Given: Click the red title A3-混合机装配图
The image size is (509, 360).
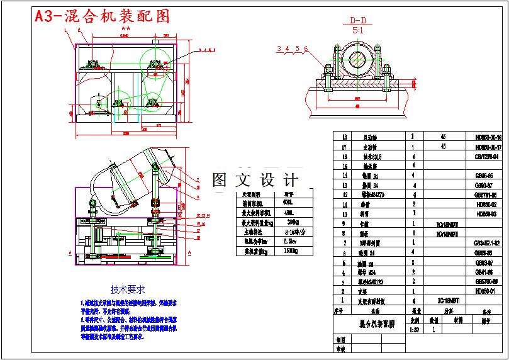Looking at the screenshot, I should click(102, 16).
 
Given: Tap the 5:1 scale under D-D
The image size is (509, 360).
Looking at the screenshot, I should click(357, 30).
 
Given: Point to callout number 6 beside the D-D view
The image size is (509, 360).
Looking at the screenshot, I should click(306, 48).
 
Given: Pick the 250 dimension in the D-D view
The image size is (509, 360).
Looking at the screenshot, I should click(356, 99).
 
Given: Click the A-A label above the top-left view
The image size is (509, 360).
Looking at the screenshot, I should click(125, 28).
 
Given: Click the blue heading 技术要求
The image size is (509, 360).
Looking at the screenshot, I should click(128, 290).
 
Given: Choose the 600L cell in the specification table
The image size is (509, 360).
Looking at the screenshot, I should click(288, 203).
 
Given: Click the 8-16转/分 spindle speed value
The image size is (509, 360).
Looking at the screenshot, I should click(289, 231).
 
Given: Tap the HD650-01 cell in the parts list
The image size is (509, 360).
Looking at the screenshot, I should click(486, 291).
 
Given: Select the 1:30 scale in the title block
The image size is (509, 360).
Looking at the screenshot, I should click(415, 329).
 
